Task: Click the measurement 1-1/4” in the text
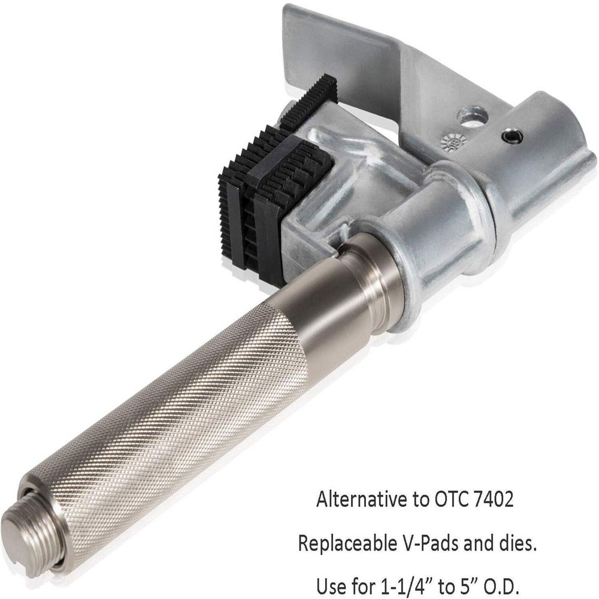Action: (x=415, y=583)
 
